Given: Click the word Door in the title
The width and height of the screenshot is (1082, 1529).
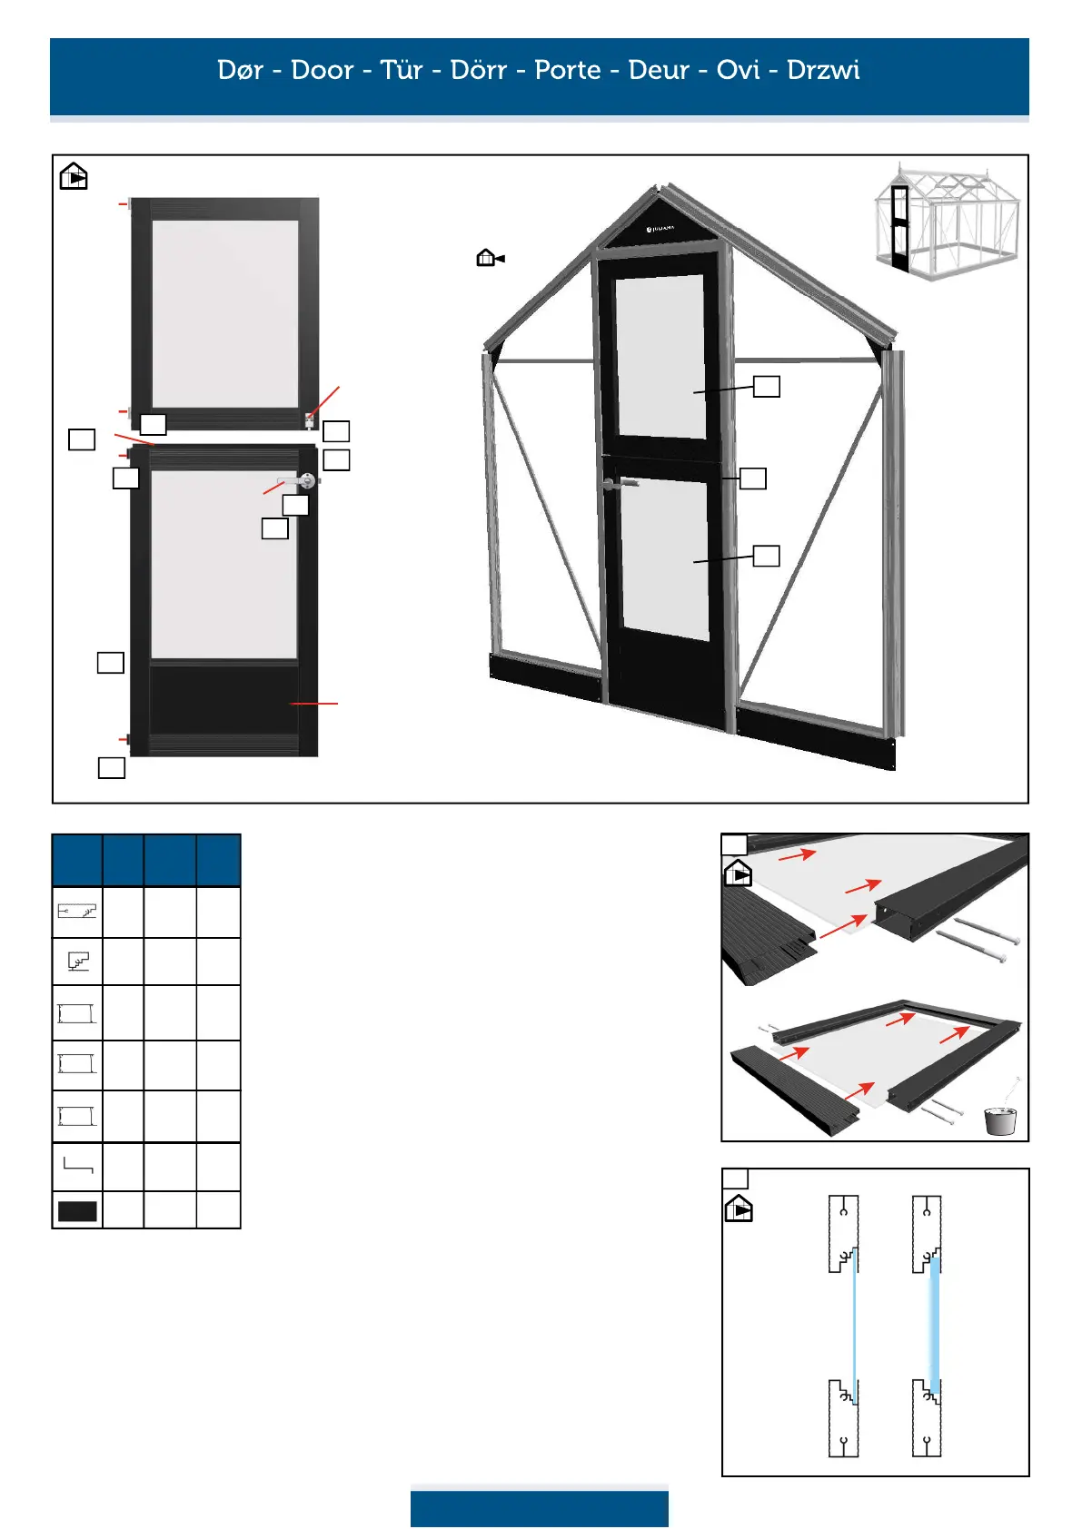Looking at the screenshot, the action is coord(322,70).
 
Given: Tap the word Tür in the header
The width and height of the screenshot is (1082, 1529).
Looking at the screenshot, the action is coord(402,70).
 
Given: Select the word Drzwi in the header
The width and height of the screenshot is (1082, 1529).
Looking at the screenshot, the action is coord(823,70).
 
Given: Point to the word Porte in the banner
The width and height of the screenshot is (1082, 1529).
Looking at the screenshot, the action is coord(568,70).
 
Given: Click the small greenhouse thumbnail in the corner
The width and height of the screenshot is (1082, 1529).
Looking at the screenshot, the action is coord(945,221).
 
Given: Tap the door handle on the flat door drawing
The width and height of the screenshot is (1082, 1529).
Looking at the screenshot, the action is coord(300,480).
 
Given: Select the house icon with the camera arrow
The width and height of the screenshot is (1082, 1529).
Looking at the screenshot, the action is coord(490,259).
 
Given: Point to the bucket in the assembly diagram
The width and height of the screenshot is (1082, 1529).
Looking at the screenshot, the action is coord(1000,1120).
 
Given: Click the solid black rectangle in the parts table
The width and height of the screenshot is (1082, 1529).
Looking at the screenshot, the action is coord(77,1211).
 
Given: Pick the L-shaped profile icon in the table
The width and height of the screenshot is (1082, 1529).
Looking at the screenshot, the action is coord(77,1165).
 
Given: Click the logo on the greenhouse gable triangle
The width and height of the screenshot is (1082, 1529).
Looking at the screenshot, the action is coord(660,229).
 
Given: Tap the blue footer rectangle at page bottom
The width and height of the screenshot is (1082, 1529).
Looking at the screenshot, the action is coord(539,1508).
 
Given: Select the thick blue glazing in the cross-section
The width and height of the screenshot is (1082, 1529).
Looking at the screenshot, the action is coord(934,1326).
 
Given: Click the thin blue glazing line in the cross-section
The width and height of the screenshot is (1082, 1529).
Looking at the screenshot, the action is coord(854,1326).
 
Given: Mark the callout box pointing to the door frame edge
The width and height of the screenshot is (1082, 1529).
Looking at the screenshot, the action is coord(753,478).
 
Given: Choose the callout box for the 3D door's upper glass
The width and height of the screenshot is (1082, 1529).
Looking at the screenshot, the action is coord(767,387).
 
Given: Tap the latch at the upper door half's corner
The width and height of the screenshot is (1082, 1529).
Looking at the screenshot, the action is coord(310,420).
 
